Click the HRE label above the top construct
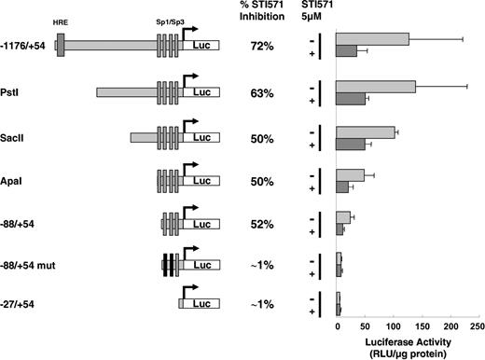coord(61,19)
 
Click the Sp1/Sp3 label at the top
coord(169,19)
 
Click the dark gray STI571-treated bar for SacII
coord(351,144)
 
